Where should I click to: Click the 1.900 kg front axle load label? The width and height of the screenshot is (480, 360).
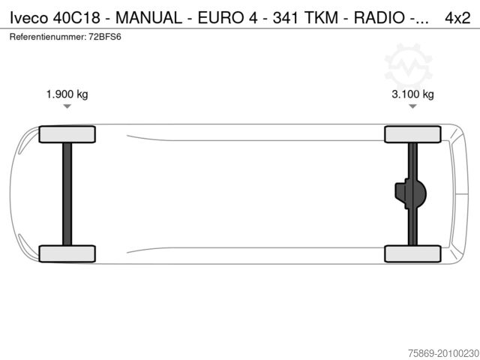tap(67, 94)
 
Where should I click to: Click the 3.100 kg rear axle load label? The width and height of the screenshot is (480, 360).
tap(412, 94)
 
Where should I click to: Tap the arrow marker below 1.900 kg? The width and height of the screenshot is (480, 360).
tap(67, 107)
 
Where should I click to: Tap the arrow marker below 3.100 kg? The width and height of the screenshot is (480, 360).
tap(412, 107)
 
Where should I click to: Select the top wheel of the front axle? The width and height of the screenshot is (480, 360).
tap(67, 134)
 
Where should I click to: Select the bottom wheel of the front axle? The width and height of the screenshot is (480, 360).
tap(67, 253)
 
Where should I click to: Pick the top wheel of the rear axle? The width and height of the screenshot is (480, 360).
tap(412, 134)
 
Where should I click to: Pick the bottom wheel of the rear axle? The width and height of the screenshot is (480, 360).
tap(412, 253)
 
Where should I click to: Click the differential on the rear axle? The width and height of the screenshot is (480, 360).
tap(410, 193)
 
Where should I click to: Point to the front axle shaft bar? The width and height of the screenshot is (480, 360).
tap(67, 193)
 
